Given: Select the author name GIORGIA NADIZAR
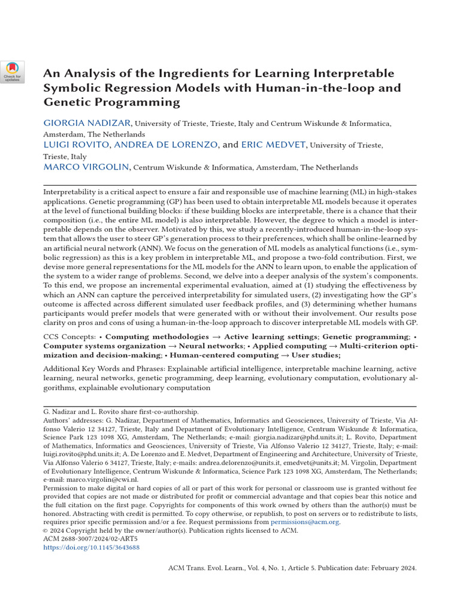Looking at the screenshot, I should coord(87,123).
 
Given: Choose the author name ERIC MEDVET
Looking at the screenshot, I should coord(274,145).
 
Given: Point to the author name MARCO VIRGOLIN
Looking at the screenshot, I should coord(87,167).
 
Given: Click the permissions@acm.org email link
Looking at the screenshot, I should coord(305,522).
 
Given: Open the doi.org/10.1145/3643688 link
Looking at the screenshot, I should coord(91,548).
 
